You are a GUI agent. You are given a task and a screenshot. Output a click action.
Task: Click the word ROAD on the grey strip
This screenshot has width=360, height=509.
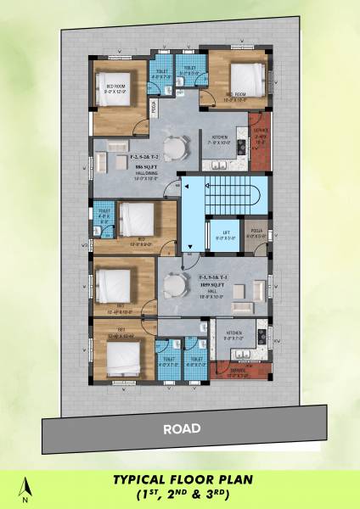(182, 428)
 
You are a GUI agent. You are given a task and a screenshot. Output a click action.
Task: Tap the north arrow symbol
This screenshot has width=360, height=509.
(27, 487)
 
